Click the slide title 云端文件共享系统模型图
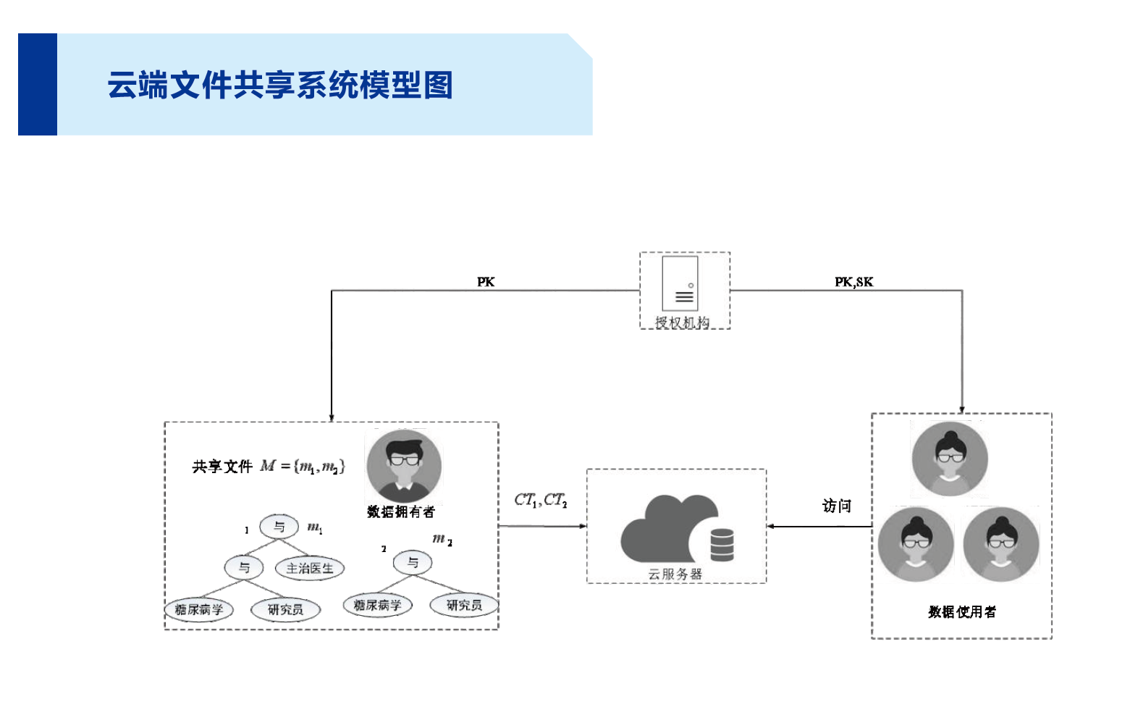tap(280, 85)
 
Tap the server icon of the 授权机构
tap(680, 283)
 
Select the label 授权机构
tap(682, 322)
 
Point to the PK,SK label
tap(853, 282)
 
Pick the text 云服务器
tap(675, 575)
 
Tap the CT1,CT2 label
tap(541, 500)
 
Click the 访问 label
tap(837, 506)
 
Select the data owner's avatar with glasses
tap(404, 466)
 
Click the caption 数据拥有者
tap(401, 512)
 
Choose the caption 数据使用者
tap(962, 612)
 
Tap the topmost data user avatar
tap(949, 459)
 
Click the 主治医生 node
tap(310, 569)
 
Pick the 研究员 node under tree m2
tap(464, 605)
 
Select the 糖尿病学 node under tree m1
tap(199, 610)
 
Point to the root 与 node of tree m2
tap(413, 562)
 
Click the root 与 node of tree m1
tap(279, 527)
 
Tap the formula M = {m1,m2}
tap(303, 467)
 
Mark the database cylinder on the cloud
tap(722, 545)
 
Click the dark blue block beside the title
tap(38, 85)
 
